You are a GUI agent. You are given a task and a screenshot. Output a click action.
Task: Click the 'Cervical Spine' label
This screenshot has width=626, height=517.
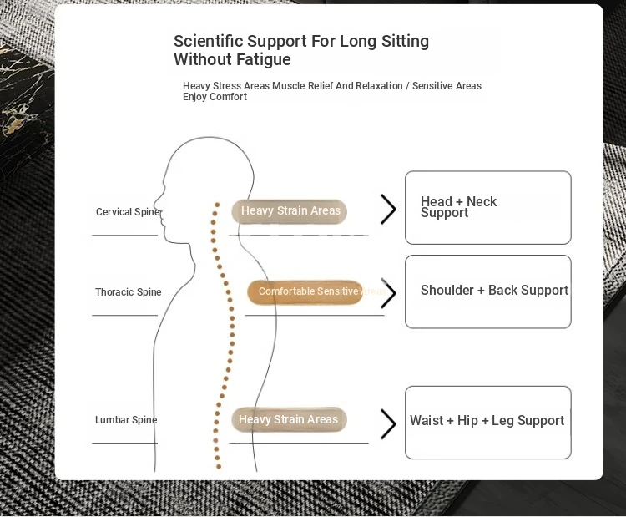[127, 212]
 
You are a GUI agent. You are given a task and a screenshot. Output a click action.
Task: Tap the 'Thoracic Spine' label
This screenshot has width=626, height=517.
[128, 292]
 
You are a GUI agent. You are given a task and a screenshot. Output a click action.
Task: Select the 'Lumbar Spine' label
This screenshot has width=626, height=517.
[126, 420]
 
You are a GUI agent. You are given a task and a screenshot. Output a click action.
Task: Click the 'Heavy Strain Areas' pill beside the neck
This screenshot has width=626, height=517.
[290, 211]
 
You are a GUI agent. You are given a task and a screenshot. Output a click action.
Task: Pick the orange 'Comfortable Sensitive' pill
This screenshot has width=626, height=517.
[305, 291]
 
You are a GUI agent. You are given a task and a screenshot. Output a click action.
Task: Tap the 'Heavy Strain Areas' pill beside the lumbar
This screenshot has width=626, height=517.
[288, 419]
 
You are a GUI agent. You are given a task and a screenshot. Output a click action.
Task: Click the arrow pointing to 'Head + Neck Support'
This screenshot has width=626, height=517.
[388, 209]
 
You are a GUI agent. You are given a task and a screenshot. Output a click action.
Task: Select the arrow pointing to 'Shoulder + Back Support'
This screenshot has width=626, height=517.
[388, 293]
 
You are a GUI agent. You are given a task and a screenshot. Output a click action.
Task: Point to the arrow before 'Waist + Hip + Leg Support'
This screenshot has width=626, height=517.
[388, 423]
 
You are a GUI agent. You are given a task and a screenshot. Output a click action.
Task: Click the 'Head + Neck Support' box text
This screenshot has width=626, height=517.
[458, 207]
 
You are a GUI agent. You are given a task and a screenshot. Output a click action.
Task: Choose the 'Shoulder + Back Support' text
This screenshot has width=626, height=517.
[494, 291]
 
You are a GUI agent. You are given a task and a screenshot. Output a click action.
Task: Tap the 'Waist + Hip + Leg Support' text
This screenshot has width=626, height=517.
[487, 421]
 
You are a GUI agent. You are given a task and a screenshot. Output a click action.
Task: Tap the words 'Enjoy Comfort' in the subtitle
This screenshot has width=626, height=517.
[215, 97]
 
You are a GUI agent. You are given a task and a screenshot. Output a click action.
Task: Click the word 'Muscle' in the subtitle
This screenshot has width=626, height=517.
[289, 86]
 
